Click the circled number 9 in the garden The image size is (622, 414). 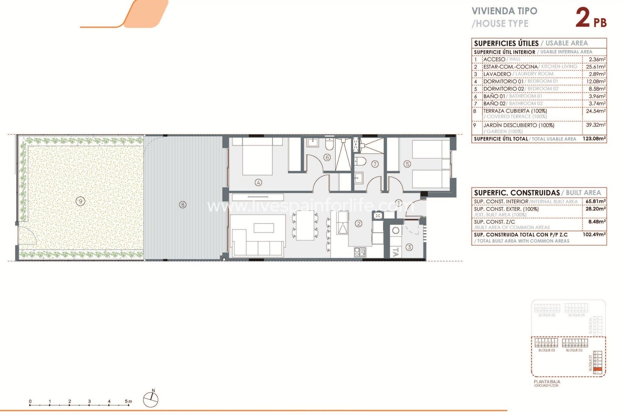click(x=80, y=201)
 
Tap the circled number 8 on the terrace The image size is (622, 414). click(x=183, y=204)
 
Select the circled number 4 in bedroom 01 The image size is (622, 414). click(x=258, y=182)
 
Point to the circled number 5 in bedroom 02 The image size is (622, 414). click(x=407, y=164)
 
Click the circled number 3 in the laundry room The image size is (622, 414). click(x=409, y=247)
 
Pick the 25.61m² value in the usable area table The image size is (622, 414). click(x=595, y=67)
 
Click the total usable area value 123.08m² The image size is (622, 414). click(x=594, y=138)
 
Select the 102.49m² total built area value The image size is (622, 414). click(x=594, y=234)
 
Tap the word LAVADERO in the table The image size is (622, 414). click(x=497, y=74)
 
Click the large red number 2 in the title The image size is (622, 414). click(x=582, y=18)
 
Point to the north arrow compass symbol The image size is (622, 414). click(x=151, y=399)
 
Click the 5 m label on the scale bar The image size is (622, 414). click(x=128, y=401)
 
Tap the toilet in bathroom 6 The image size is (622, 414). click(x=329, y=145)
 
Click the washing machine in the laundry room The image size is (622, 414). click(x=396, y=231)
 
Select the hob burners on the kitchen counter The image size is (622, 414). click(x=360, y=252)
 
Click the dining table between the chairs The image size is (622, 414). click(x=305, y=225)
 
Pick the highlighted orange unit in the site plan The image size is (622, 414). click(x=598, y=369)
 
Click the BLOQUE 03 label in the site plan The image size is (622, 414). click(x=547, y=350)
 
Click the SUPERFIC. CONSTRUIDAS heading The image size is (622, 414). click(x=517, y=193)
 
